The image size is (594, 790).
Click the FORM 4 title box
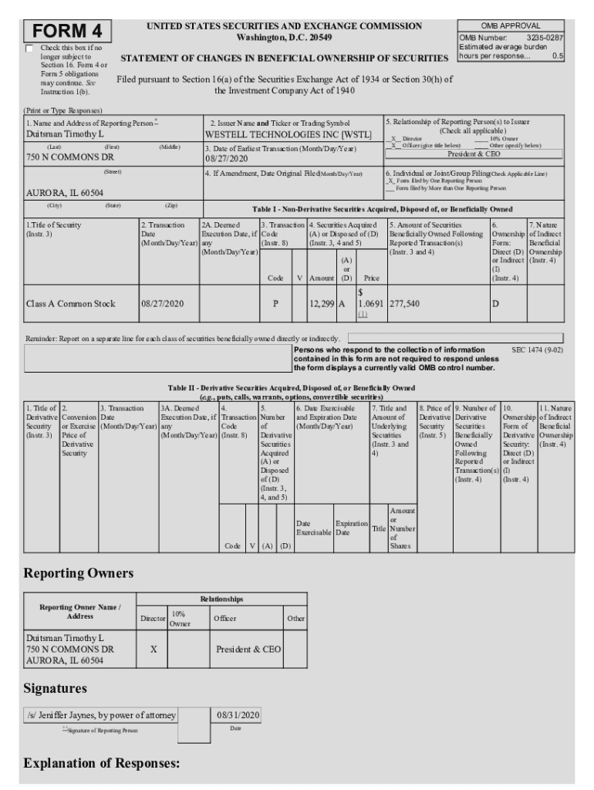coord(67,31)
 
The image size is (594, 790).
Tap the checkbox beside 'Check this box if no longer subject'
coord(29,49)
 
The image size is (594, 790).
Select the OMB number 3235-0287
coord(544,37)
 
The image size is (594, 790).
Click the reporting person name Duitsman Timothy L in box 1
coord(66,133)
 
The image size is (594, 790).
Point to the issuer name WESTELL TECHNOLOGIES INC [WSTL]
coord(282,133)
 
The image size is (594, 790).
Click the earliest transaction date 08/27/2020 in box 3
coord(226,158)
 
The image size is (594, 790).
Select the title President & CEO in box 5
coord(474,154)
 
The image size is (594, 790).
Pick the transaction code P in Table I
coord(275,304)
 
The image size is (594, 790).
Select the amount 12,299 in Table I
coord(321,304)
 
